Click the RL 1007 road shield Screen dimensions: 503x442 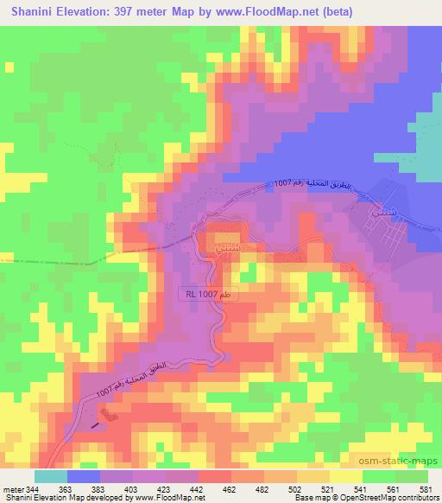[x=208, y=295]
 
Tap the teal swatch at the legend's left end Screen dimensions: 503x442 [x=49, y=475]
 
